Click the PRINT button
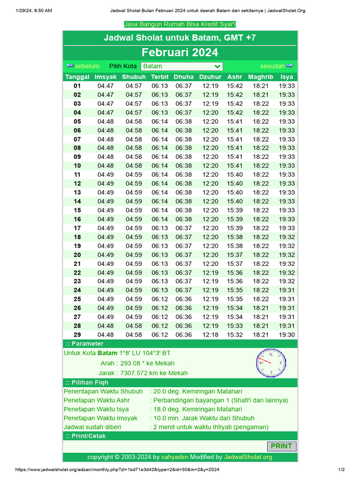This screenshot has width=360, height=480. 281,446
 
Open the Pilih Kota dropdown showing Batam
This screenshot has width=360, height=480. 181,67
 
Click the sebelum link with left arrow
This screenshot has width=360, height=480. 83,66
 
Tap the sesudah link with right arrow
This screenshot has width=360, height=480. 277,66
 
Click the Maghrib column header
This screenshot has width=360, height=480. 261,77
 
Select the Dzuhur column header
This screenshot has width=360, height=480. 210,77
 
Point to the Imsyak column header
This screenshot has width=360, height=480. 105,77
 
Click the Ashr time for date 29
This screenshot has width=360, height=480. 235,335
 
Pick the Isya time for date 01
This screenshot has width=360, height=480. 287,86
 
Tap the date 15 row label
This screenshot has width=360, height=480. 77,210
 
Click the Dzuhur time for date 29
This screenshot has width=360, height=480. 210,335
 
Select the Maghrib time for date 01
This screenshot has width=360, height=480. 261,86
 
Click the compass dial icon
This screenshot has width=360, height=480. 271,363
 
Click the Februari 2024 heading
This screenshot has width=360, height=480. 180,52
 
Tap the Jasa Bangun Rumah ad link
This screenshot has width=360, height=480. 180,24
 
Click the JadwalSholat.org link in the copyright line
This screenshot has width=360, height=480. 248,457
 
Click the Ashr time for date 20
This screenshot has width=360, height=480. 235,255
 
